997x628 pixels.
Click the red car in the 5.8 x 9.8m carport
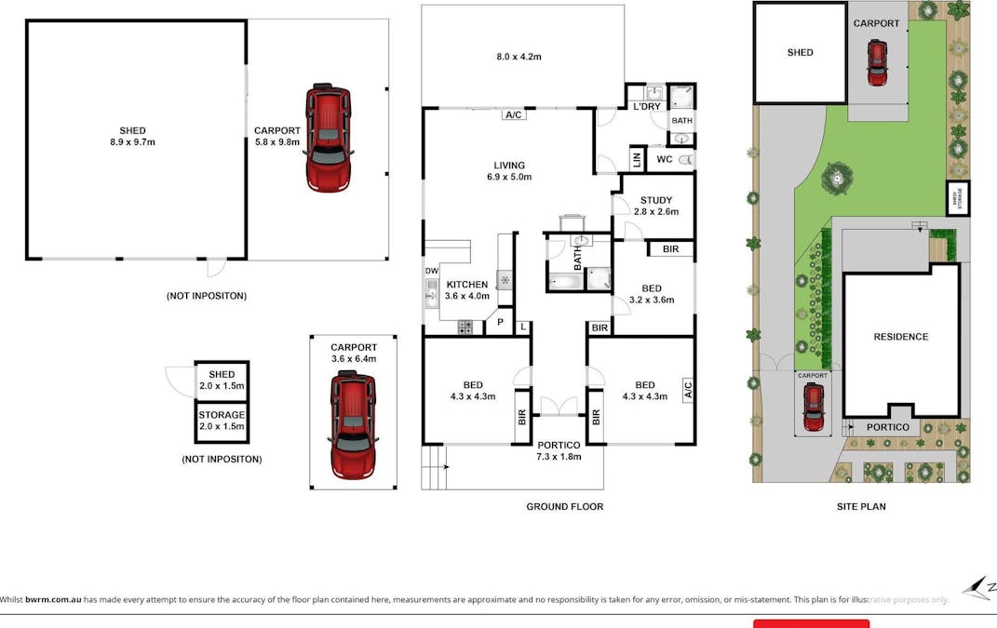coord(329,138)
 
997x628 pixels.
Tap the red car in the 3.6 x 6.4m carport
coord(353,424)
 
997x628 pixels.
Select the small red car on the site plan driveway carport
coord(814,408)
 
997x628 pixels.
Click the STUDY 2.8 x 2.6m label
coord(657,205)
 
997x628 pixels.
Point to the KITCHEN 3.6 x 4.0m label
coord(466,290)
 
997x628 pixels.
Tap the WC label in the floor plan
coord(665,160)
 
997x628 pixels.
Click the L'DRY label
coord(646,107)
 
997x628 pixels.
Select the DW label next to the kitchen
coord(431,271)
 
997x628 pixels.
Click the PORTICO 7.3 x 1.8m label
coord(559,450)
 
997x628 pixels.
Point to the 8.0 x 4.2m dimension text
coord(519,57)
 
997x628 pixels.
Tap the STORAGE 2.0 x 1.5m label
coord(222,421)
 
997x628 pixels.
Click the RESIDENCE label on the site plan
coord(900,337)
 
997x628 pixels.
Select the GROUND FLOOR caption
coord(564,507)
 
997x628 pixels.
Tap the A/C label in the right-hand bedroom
coord(687,388)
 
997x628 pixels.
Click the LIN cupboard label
coord(638,160)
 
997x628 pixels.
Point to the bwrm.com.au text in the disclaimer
coord(53,600)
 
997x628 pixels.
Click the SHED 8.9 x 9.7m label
coord(132,136)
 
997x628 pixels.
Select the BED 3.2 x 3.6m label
coord(652,294)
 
